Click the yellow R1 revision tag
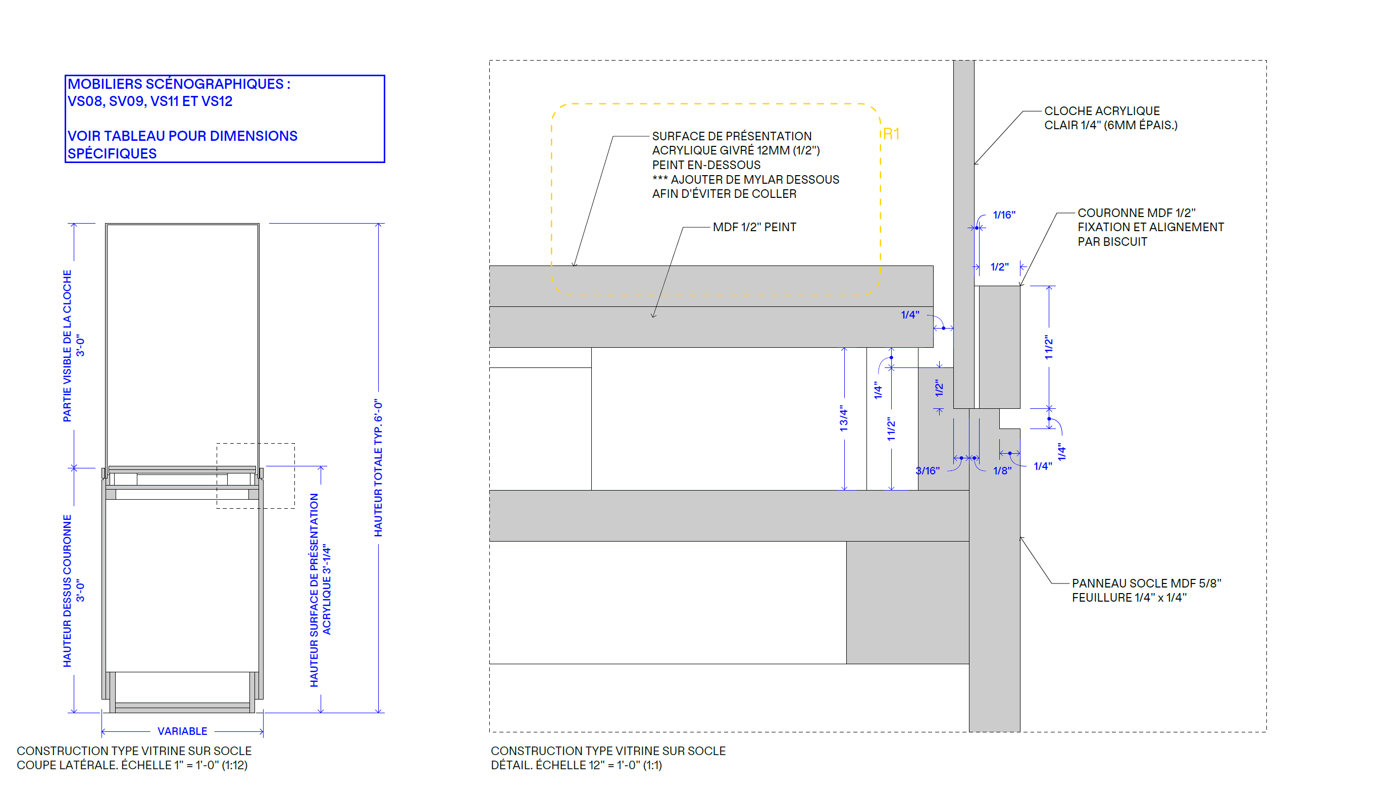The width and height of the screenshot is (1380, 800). coord(891,134)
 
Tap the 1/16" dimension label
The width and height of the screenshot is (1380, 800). coord(1004,215)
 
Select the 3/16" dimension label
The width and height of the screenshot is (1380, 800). coord(927,471)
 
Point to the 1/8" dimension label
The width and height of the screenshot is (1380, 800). coord(1002,471)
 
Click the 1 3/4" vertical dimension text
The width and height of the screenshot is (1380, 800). coord(844,418)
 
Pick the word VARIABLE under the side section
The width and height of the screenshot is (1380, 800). coord(182,731)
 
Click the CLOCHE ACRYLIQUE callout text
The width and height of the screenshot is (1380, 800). coord(1102,111)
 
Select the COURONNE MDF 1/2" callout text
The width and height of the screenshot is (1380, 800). coord(1136,213)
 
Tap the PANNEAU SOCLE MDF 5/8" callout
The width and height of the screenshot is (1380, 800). coord(1146,583)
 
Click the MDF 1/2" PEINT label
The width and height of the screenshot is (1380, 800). coord(754,227)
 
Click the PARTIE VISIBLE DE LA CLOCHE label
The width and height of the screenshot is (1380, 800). coord(67,346)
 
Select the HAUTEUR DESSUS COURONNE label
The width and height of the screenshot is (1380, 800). coord(67,591)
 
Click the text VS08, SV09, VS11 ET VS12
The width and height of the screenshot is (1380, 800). coord(150,101)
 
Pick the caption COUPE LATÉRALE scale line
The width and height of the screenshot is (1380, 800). coord(132,766)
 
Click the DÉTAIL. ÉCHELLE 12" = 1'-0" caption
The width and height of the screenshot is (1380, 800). coord(576,766)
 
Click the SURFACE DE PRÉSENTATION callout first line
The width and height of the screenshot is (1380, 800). coord(732,136)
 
